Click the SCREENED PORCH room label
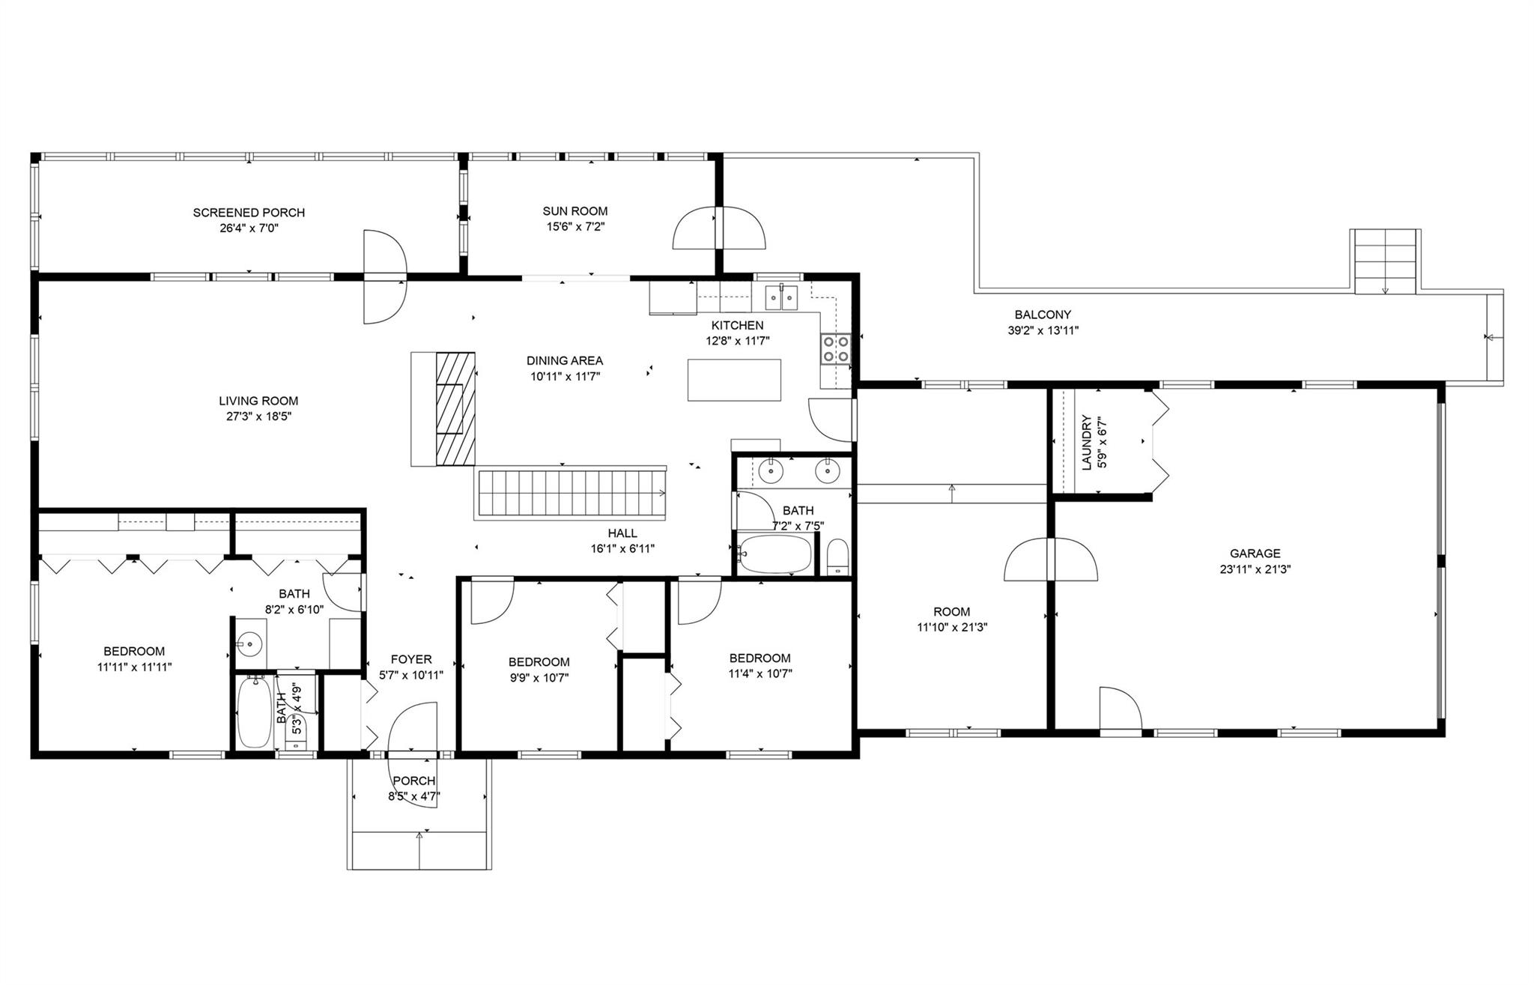(x=249, y=213)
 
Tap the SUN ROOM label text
(x=575, y=211)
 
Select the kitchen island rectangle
(x=734, y=380)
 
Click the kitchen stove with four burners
(x=837, y=348)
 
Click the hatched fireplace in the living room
(x=455, y=408)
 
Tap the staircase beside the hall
(x=570, y=494)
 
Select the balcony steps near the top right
(x=1385, y=261)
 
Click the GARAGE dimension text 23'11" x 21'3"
(x=1255, y=569)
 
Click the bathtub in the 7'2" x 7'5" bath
(x=774, y=554)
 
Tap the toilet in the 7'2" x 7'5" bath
(x=838, y=557)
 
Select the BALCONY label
(x=1043, y=315)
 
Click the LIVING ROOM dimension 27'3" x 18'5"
(x=258, y=416)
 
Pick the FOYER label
(x=411, y=659)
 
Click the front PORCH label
(x=414, y=781)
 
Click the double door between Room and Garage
(x=1051, y=559)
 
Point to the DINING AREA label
(x=565, y=361)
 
